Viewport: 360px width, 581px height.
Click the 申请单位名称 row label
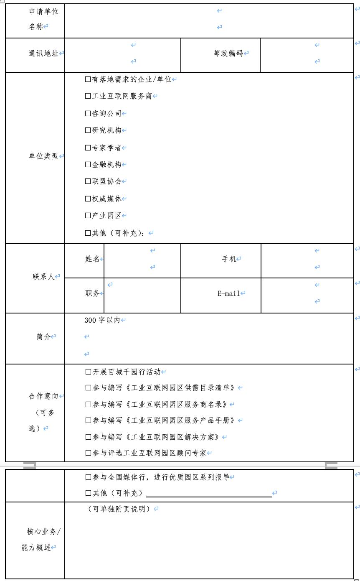(43, 19)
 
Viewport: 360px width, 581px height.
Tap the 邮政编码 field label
(228, 53)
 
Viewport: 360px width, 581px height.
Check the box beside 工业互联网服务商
(88, 96)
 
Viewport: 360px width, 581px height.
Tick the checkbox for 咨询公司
(88, 113)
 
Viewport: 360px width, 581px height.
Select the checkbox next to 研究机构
(88, 130)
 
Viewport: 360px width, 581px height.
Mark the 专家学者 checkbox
(88, 148)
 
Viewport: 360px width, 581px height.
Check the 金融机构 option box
(88, 165)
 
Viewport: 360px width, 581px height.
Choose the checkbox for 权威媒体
(88, 199)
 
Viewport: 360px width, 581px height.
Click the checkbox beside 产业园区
(88, 216)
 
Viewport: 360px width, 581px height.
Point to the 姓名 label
(92, 259)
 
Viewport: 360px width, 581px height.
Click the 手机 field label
(229, 259)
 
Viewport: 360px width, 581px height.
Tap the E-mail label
(228, 293)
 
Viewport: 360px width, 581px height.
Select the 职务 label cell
(92, 293)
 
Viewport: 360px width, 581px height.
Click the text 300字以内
(102, 320)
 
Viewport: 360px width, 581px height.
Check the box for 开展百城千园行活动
(88, 372)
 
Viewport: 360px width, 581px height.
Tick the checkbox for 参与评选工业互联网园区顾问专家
(88, 453)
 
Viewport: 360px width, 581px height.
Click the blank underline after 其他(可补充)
(209, 494)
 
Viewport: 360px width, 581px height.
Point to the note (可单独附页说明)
(119, 509)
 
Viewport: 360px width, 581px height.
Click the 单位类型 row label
(43, 156)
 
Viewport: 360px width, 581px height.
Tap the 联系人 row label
(44, 277)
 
